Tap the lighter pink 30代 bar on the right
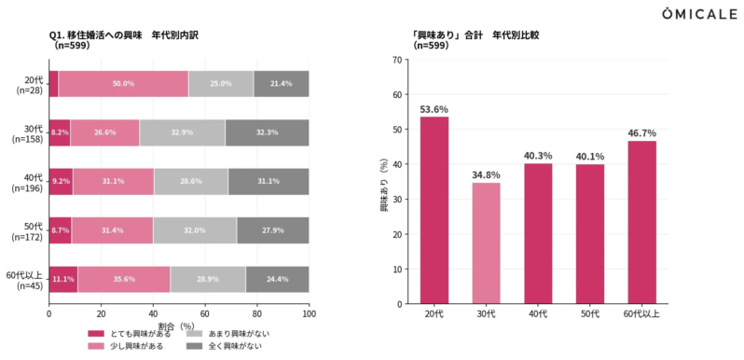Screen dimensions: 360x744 (x=486, y=242)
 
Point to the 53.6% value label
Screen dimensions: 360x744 (x=434, y=108)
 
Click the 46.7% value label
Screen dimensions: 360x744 (x=641, y=132)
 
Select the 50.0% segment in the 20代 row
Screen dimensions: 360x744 (x=123, y=84)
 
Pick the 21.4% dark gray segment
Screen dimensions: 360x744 (x=281, y=84)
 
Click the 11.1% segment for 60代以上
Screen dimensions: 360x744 (x=62, y=280)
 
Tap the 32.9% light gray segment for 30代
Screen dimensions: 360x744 (x=182, y=132)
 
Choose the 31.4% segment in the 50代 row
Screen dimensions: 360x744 (x=112, y=230)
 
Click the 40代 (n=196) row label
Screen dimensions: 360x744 (x=25, y=182)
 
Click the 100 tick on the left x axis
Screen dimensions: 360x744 (x=309, y=314)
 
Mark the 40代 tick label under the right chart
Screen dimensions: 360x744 (x=538, y=314)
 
